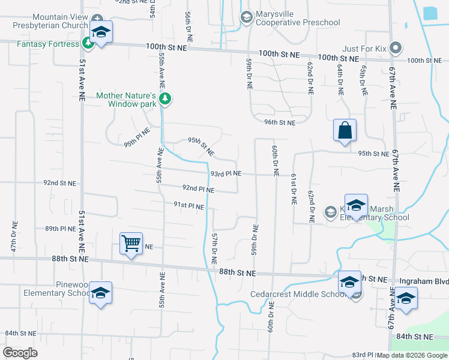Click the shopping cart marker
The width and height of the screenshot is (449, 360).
131,244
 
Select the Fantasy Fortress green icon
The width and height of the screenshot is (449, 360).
88,43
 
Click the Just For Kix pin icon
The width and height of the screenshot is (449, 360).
395,47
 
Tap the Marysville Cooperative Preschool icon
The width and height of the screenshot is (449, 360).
246,17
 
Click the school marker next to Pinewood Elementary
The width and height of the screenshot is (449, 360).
100,293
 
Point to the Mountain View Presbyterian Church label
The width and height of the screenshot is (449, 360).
52,22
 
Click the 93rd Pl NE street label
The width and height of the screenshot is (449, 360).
226,174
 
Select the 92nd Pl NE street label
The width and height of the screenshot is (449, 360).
198,189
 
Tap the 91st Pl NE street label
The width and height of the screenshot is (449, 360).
189,206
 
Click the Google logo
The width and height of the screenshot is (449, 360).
20,353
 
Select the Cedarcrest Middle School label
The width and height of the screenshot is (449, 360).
298,294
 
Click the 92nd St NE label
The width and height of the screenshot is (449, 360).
60,182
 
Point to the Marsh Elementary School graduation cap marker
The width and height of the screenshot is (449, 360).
356,205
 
